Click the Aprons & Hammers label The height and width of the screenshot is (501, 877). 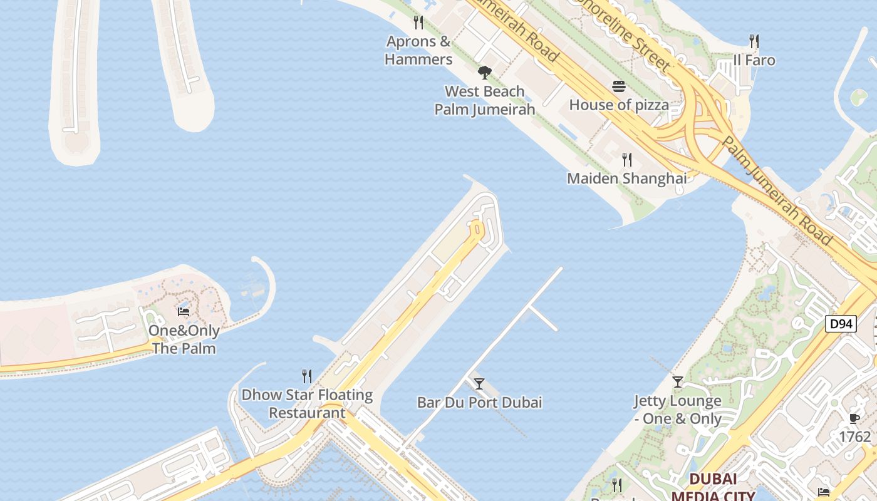coord(418,51)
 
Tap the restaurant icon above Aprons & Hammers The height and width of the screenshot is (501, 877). coord(418,23)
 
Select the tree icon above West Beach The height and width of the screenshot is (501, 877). coord(484,73)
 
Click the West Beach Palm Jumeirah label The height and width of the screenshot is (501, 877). coord(485,100)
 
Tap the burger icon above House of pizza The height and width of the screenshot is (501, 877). coord(619,86)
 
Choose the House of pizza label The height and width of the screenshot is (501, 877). coord(619,105)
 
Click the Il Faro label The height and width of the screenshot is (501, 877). coord(754,61)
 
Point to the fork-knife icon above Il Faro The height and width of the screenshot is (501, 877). coord(754,42)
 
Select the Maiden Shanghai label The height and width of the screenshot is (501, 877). coord(626,178)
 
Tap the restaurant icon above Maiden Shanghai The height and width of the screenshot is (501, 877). coord(626,160)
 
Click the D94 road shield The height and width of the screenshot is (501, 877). coord(840,324)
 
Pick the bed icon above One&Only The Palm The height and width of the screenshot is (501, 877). coord(184,311)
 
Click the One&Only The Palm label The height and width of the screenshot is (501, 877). coord(184,339)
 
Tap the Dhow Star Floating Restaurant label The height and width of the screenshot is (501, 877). coord(307,404)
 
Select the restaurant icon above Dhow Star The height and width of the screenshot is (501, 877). coord(307,376)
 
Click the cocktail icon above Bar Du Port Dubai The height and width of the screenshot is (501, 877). coord(479,384)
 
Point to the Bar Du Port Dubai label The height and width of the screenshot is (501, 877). coord(479,402)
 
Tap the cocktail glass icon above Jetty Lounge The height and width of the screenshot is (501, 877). coord(677,381)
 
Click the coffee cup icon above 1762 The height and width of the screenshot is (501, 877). coord(854,418)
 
